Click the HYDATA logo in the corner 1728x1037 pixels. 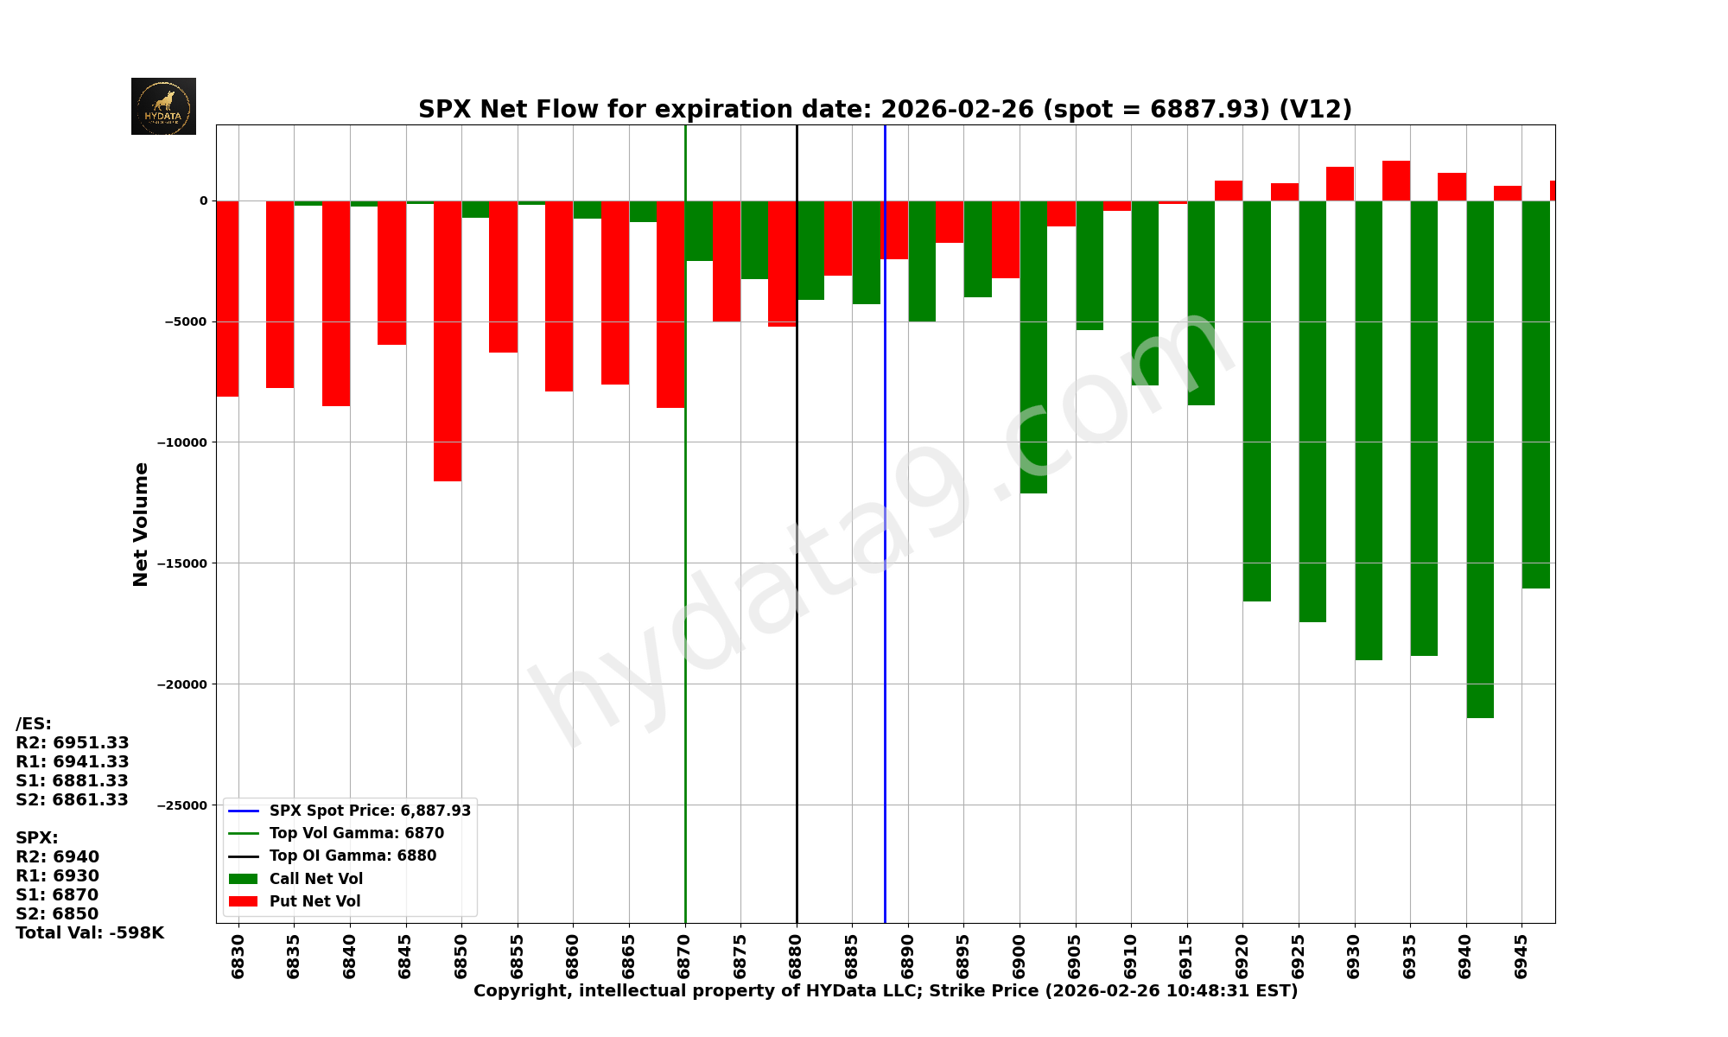[x=163, y=106]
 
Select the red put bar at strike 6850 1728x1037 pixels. [x=448, y=340]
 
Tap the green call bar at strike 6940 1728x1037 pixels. [x=1480, y=458]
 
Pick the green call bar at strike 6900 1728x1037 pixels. [x=1033, y=346]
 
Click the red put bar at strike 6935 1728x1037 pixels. [x=1396, y=181]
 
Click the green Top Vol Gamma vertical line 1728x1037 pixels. [x=685, y=605]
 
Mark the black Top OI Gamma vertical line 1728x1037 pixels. [x=797, y=605]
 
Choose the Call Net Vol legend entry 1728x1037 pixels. [x=315, y=879]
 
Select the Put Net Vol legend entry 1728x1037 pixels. [x=314, y=901]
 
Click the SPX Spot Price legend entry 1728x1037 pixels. [x=370, y=811]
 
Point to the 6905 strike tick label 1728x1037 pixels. [x=1076, y=956]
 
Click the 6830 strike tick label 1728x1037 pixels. [x=238, y=956]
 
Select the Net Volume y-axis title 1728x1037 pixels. [x=141, y=524]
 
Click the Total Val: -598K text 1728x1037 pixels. [x=90, y=933]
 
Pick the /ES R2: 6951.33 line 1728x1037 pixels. [x=73, y=743]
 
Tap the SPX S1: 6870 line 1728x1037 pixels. [x=57, y=895]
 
